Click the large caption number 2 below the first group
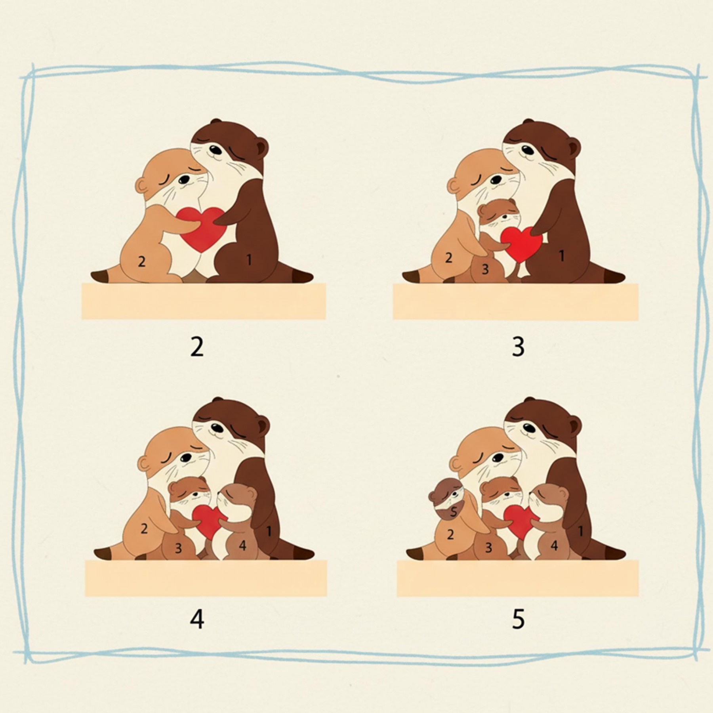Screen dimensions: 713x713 [197, 347]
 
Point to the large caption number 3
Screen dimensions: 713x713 [518, 347]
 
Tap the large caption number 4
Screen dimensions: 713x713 [197, 619]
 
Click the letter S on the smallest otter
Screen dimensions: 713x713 [454, 512]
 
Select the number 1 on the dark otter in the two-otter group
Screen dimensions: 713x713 [249, 260]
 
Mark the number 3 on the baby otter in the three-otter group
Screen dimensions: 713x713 [485, 269]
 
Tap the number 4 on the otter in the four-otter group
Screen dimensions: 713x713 [242, 546]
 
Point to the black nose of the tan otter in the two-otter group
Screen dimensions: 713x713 [183, 180]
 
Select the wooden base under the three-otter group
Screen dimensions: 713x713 [516, 301]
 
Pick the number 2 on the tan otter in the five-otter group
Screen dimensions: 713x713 [450, 535]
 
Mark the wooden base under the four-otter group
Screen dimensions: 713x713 [206, 578]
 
